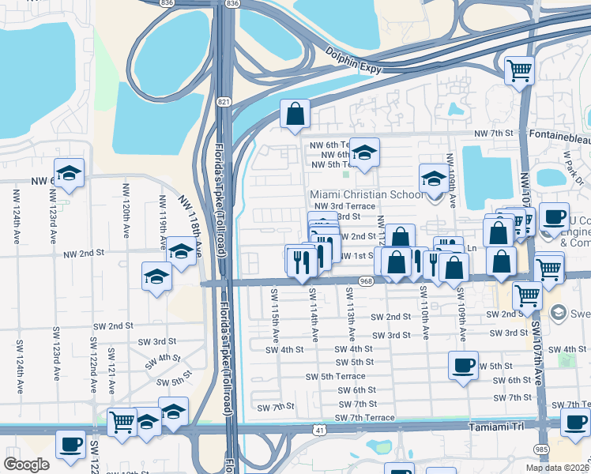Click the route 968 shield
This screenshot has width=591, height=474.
pos(365,280)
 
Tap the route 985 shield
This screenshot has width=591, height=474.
pos(542,448)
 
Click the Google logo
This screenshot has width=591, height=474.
pos(27,465)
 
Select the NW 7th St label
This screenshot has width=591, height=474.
pos(494,136)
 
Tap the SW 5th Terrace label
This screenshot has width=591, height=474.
pos(336,376)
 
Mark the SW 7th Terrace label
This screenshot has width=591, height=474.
pos(366,417)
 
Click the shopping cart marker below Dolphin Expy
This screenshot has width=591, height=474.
pos(520,70)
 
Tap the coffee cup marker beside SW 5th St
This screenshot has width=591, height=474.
pos(463,365)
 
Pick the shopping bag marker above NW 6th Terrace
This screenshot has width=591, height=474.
pos(295,114)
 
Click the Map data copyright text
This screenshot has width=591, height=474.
pos(557,468)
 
